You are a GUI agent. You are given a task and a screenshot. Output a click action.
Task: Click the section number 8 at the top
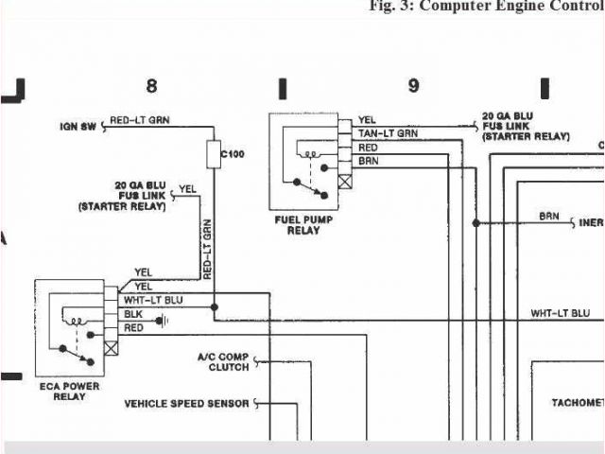151,86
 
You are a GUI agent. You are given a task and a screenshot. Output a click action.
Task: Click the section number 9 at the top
413,86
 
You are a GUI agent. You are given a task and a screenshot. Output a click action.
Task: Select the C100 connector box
214,154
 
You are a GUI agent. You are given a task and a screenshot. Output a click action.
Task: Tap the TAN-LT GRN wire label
388,133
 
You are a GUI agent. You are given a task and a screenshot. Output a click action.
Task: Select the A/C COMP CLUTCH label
223,361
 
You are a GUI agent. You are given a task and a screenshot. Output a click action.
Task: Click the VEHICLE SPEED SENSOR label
186,404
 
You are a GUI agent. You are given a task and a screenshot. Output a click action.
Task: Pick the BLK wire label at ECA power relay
133,314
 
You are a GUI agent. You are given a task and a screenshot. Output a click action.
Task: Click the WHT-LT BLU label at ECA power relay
154,300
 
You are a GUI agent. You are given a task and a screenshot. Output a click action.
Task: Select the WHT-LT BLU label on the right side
560,313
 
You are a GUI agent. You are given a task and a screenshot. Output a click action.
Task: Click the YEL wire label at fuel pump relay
367,120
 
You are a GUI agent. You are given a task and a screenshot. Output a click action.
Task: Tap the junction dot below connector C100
215,307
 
